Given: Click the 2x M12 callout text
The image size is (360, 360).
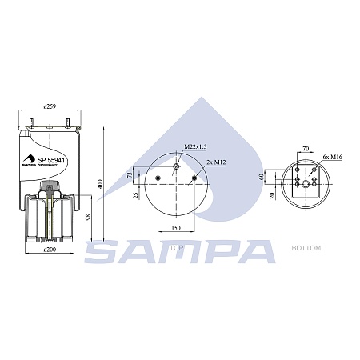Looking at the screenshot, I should [215, 162].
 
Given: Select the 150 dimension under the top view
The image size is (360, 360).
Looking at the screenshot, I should [175, 229].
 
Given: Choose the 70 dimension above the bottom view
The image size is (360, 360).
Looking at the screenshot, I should [305, 148].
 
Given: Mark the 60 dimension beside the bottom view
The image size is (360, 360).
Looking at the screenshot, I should [264, 176].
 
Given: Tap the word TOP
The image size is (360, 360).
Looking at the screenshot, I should [178, 249].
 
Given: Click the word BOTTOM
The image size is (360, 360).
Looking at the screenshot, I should [307, 249].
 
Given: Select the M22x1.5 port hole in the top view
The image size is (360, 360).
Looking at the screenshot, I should [176, 166].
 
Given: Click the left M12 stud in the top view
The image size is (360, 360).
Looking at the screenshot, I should [160, 178].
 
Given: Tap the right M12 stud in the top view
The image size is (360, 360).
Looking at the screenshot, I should [193, 178].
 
